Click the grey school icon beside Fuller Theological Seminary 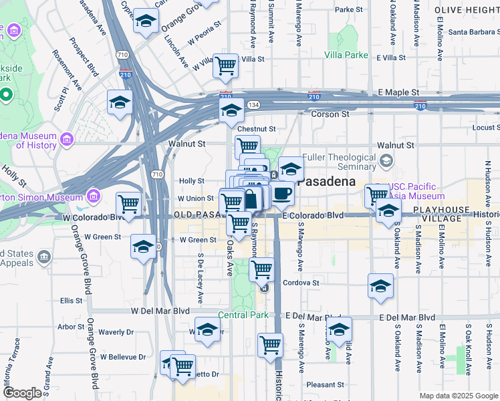click(x=386, y=161)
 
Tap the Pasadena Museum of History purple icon click(x=66, y=138)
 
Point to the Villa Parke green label click(x=346, y=55)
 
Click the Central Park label click(x=243, y=315)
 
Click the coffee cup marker click(x=282, y=193)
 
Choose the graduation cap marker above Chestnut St click(x=231, y=110)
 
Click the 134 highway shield click(x=254, y=105)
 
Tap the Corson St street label click(x=331, y=114)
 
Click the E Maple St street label click(x=398, y=92)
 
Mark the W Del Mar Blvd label click(x=160, y=311)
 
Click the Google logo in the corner click(x=23, y=393)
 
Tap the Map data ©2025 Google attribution click(x=458, y=396)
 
